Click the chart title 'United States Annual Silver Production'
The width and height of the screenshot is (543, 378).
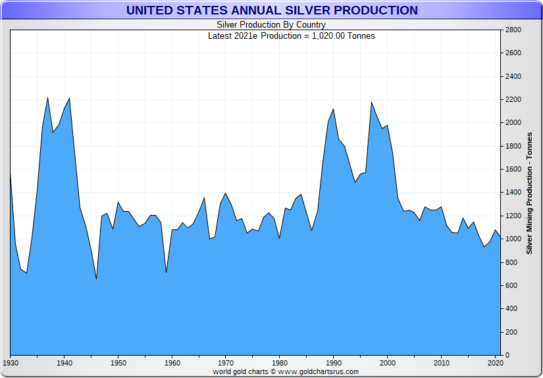(271, 11)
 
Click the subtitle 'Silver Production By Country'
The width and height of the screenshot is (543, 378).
(271, 25)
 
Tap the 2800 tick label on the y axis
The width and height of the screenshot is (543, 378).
(513, 30)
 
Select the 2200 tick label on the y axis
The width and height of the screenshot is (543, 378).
(513, 100)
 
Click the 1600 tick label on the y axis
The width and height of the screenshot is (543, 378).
(513, 170)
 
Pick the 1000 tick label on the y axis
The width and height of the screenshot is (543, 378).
(513, 239)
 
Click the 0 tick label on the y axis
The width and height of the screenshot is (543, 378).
(507, 356)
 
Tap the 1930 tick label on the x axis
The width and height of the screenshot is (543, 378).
(11, 363)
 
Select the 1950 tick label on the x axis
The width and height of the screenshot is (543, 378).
(118, 363)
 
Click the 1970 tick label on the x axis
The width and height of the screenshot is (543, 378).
(226, 363)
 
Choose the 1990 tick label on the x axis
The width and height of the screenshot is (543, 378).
(334, 363)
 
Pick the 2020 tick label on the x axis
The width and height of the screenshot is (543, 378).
(495, 363)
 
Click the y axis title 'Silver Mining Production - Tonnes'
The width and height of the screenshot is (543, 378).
(530, 192)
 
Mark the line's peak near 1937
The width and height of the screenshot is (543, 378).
(48, 98)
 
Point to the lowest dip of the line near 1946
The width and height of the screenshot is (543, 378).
(96, 279)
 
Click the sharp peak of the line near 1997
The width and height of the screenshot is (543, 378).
(371, 103)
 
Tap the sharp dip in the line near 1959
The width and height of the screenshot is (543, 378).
(166, 272)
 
